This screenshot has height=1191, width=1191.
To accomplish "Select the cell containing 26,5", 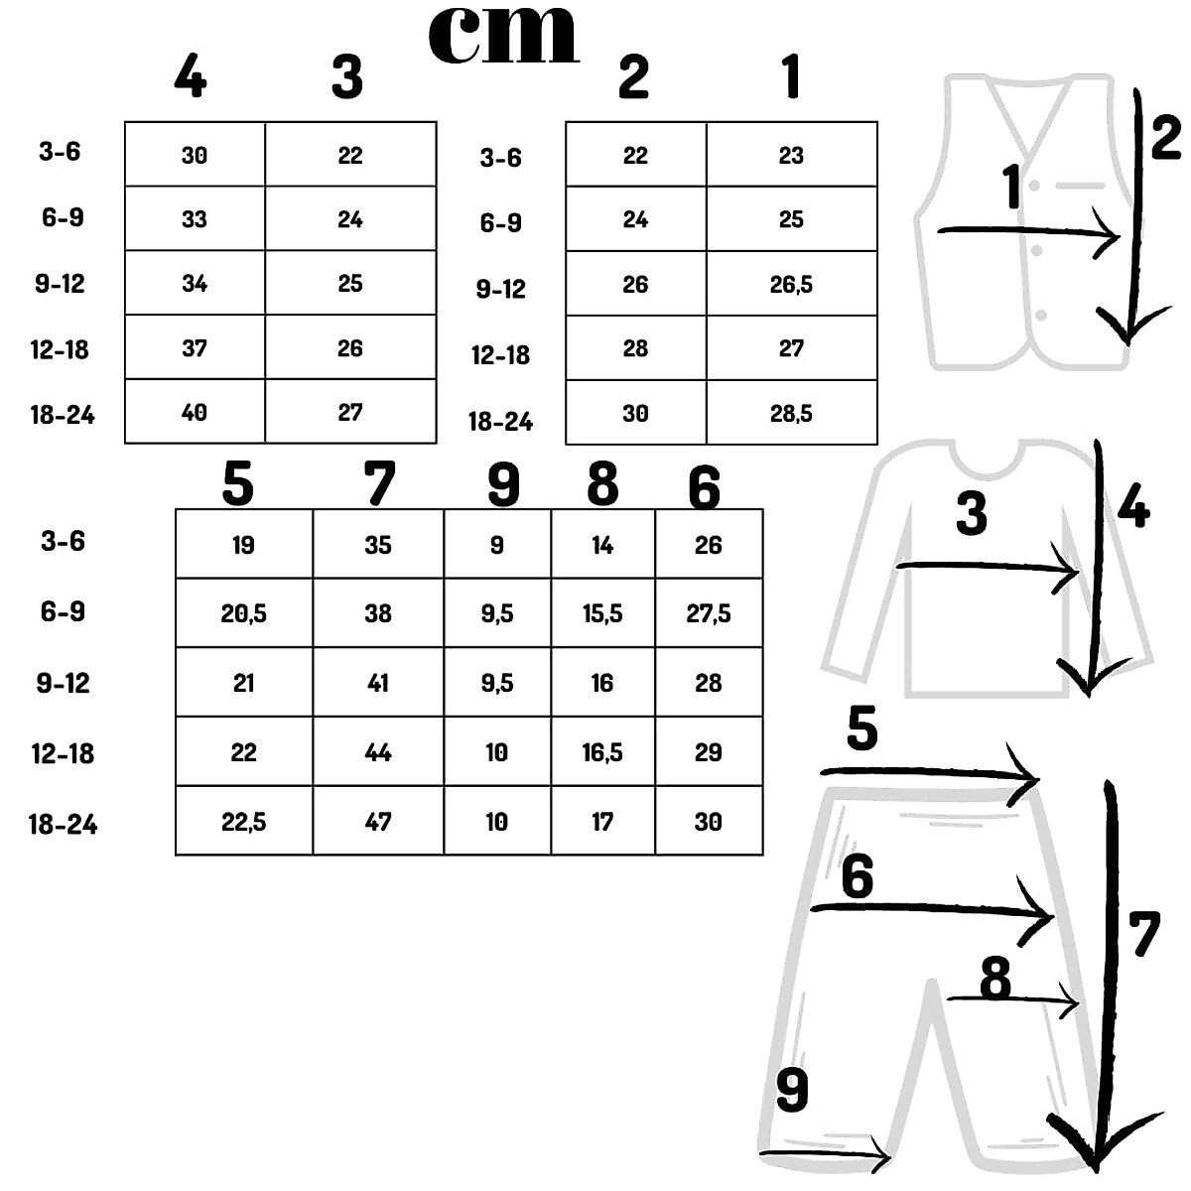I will [791, 285].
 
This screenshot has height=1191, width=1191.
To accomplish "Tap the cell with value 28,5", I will [791, 413].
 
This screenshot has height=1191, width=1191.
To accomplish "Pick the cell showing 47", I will [378, 822].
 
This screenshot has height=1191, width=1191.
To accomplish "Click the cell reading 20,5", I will [243, 613].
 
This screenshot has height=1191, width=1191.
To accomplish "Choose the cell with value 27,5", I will [709, 613].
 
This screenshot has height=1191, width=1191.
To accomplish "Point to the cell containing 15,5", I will [602, 613].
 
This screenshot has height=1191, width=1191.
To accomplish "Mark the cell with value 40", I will [195, 412].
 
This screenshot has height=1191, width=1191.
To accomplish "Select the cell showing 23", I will [791, 155].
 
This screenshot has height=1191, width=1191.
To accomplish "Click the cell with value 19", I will [243, 545].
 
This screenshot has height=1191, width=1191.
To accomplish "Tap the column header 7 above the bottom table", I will [379, 484].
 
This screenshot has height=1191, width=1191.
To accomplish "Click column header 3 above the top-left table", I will [347, 77].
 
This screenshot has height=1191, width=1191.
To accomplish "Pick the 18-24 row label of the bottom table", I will [63, 824].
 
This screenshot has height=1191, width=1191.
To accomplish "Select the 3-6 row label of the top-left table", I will [60, 152].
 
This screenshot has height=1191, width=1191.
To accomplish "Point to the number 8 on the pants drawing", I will [994, 980].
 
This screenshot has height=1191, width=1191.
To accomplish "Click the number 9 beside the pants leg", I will [792, 1091].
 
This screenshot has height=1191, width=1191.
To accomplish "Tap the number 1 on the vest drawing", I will [1012, 188].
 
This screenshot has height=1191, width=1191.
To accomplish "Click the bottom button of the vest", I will [1041, 316].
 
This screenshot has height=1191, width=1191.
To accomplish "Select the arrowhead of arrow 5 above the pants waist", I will [1026, 769].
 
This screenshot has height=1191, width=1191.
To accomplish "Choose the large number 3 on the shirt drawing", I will [971, 514].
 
